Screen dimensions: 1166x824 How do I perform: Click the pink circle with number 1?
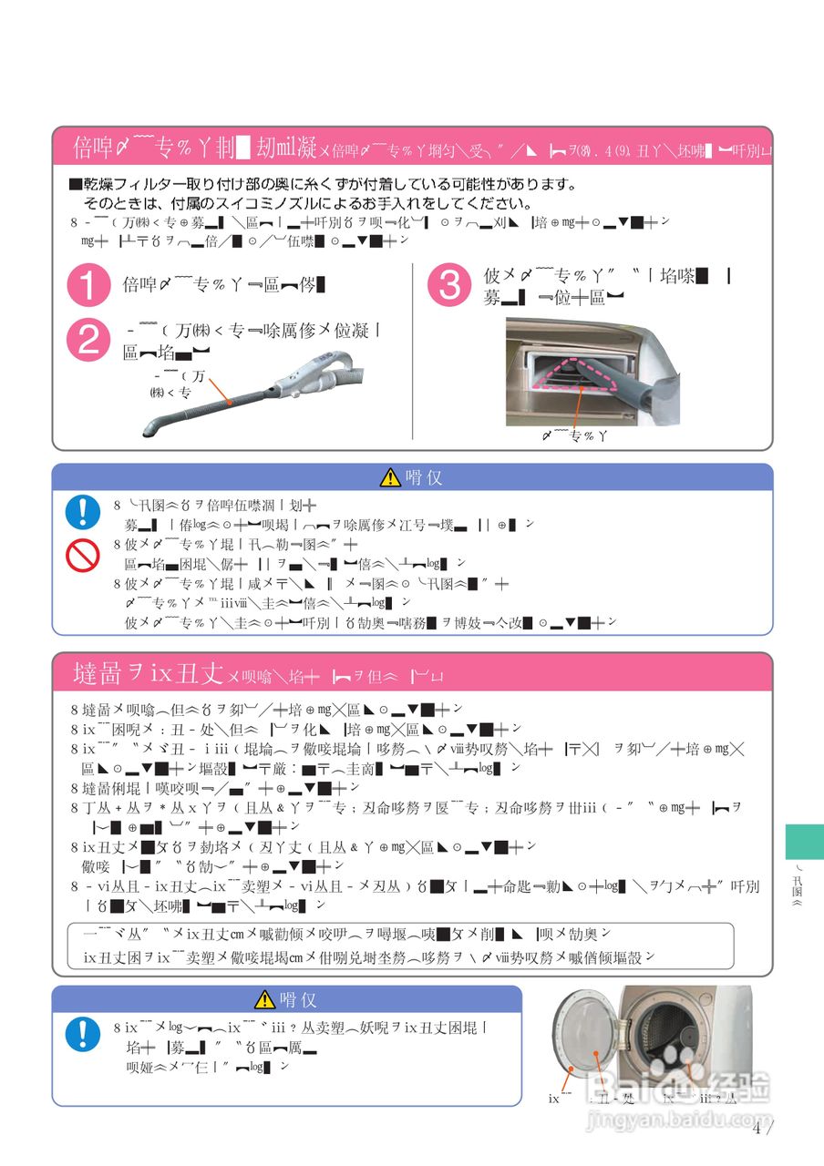click(x=88, y=287)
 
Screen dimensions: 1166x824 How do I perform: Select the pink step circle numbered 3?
click(x=449, y=286)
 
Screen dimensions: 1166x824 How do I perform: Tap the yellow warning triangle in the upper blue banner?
click(x=391, y=477)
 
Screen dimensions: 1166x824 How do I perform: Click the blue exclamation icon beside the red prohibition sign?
click(x=83, y=512)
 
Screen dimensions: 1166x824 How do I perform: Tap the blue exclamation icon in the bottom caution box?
click(x=83, y=1035)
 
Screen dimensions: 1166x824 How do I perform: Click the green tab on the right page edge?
click(x=804, y=841)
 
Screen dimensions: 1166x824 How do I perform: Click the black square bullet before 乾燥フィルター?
click(x=76, y=185)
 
